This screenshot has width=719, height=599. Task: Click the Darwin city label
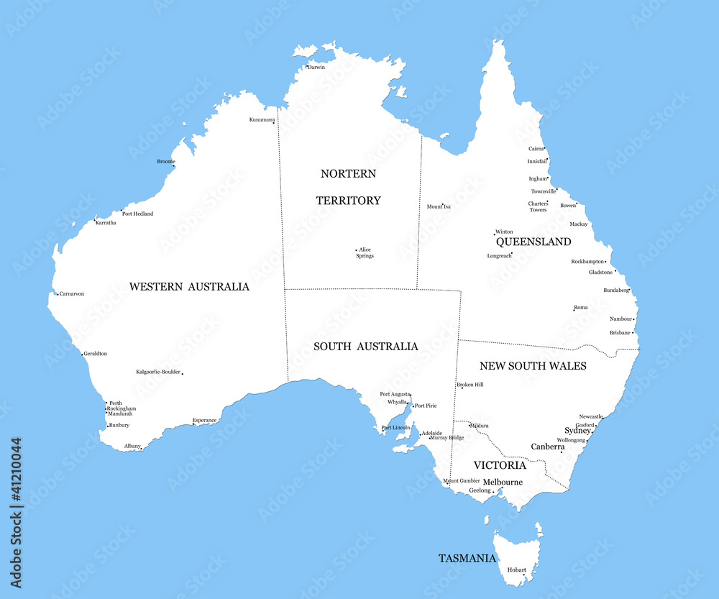tap(316, 67)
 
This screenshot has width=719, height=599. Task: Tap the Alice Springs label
tap(365, 252)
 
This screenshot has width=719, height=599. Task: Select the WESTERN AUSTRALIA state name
tap(189, 286)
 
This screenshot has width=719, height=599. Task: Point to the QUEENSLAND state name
tap(533, 242)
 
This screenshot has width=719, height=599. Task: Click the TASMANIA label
tap(467, 558)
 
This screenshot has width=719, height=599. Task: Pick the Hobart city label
tap(516, 570)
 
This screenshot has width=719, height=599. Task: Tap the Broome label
tap(165, 161)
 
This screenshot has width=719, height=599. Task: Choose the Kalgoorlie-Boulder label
tap(158, 372)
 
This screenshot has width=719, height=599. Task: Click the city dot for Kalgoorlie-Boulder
tap(182, 373)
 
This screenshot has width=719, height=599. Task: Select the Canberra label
tap(547, 447)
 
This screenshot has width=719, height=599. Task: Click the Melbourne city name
tap(503, 482)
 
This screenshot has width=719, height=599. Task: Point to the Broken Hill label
tap(470, 385)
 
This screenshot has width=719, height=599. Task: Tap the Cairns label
tap(536, 149)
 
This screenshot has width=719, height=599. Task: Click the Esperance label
tap(204, 420)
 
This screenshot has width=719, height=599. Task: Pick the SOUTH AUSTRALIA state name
tap(365, 347)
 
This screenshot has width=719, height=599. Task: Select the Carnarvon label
tap(72, 293)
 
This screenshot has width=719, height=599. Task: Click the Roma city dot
tap(574, 309)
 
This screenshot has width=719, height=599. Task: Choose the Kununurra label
tap(262, 119)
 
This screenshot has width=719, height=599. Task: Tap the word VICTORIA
tap(500, 465)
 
